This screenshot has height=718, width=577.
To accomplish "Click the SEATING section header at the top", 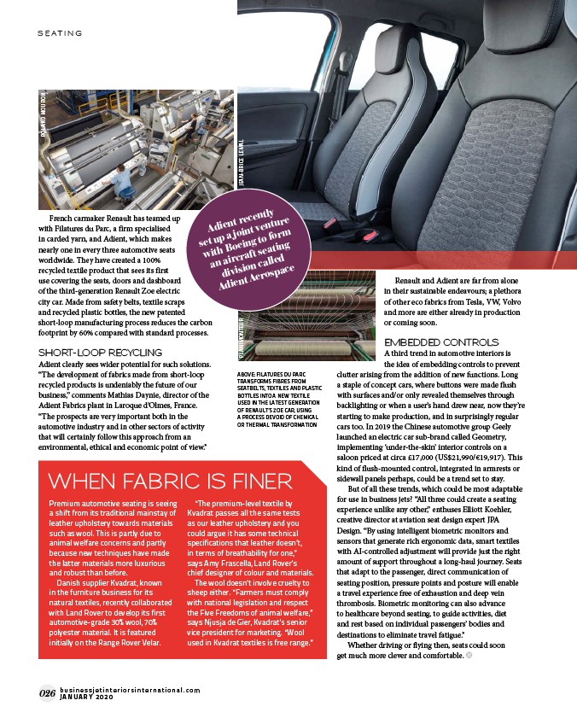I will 59,33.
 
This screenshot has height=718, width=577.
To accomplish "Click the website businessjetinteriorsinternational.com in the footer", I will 130,689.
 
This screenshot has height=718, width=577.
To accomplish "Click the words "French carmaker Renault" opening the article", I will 92,219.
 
